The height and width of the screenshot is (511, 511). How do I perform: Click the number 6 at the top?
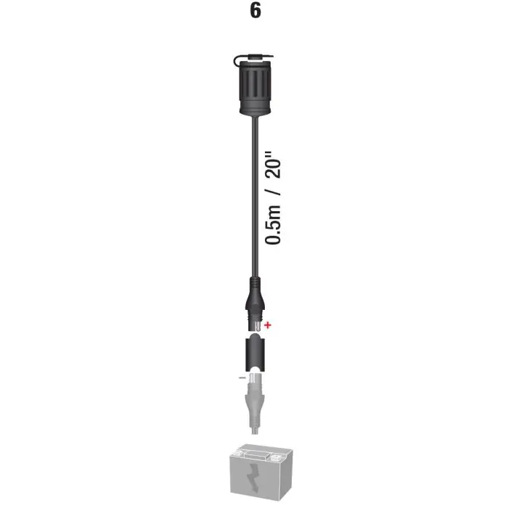(x=255, y=10)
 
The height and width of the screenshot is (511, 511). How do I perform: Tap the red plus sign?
(x=268, y=325)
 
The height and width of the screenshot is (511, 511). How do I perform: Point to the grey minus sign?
(x=242, y=377)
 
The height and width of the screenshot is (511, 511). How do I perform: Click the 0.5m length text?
(x=273, y=224)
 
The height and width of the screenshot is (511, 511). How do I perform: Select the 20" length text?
(x=273, y=165)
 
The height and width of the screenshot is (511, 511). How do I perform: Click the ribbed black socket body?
(x=255, y=86)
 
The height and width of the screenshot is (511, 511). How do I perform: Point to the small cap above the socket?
(x=256, y=58)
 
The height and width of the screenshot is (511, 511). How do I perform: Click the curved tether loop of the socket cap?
(x=237, y=60)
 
